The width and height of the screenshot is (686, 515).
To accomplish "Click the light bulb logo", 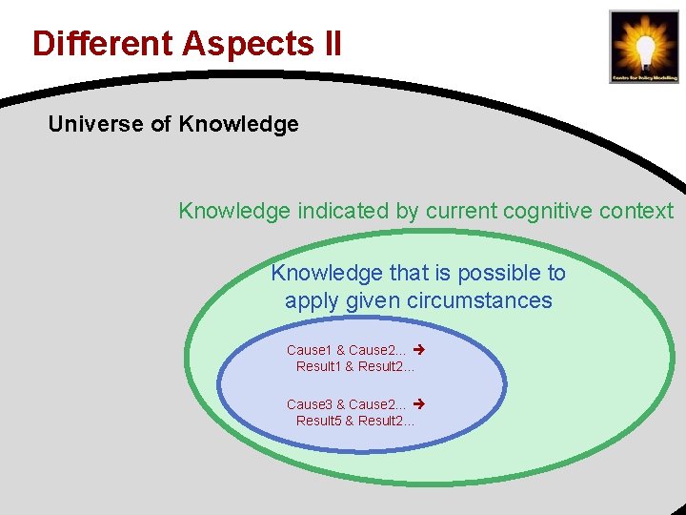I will [x=644, y=46].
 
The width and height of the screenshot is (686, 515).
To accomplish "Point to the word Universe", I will [x=91, y=124].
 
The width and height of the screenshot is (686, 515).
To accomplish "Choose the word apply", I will [x=312, y=301].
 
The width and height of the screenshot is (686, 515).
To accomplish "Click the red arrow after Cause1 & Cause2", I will [x=417, y=351].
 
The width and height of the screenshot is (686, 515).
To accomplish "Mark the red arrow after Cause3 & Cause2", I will [x=417, y=404].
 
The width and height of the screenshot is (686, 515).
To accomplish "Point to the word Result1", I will [x=318, y=366].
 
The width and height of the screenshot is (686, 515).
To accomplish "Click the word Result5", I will [x=318, y=421].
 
